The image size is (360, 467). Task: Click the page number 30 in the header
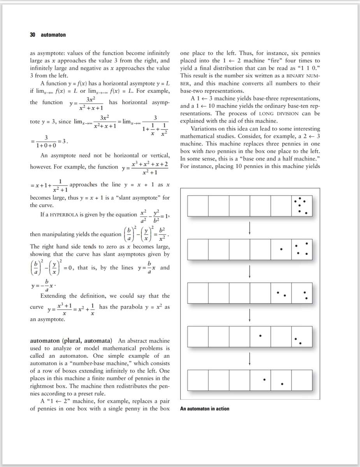(33, 35)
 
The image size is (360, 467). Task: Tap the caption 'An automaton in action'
(205, 409)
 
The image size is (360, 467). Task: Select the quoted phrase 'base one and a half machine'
(279, 159)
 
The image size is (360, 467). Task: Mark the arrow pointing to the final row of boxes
(249, 357)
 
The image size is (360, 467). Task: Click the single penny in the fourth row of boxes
(260, 335)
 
